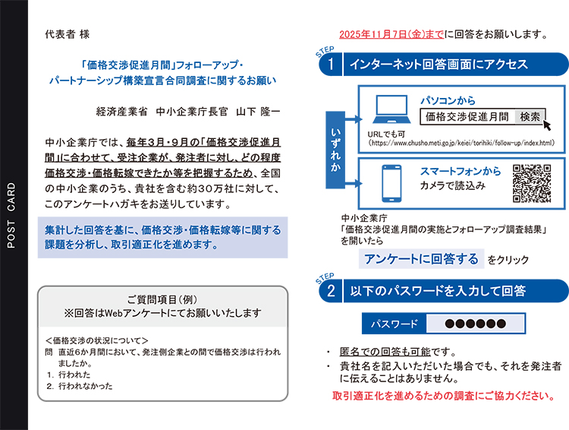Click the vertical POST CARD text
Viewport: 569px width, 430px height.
(11, 215)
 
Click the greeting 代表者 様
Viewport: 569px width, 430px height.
(67, 34)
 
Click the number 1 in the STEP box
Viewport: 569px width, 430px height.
(331, 65)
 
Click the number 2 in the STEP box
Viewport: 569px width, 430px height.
(331, 290)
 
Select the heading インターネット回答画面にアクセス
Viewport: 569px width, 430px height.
(439, 65)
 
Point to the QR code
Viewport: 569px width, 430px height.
(532, 184)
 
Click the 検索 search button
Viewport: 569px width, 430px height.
(530, 117)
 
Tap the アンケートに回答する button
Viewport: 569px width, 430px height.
(421, 259)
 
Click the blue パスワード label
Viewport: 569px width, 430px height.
(394, 324)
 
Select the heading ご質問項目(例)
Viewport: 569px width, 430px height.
(162, 299)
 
